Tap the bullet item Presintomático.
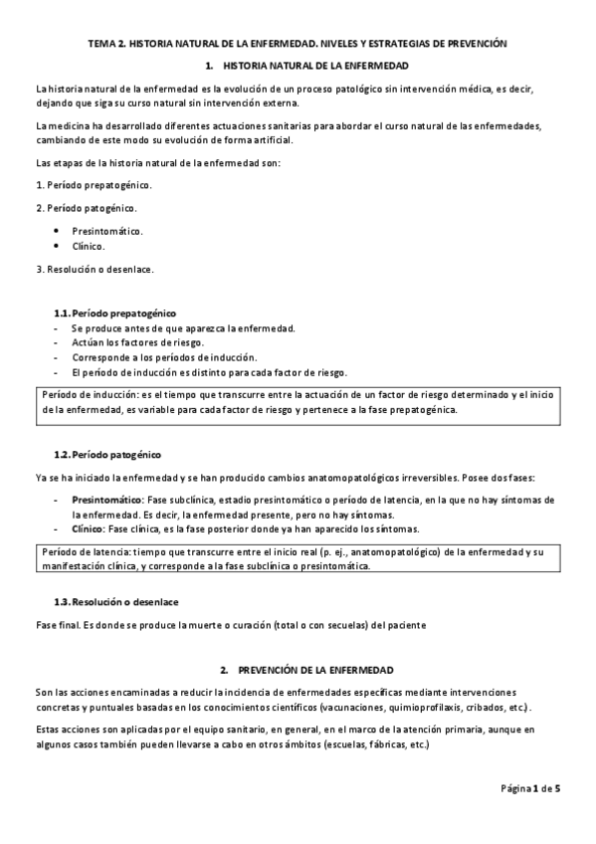coord(107,231)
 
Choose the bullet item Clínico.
coord(89,246)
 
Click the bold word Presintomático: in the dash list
coord(107,500)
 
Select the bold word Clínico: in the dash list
coord(94,529)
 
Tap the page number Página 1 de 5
coord(530,789)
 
